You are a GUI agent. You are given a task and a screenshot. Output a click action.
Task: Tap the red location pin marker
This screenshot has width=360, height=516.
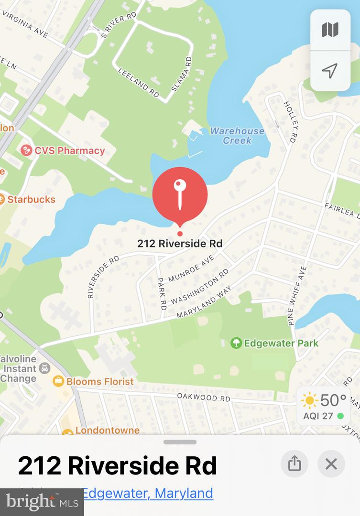[x=180, y=195]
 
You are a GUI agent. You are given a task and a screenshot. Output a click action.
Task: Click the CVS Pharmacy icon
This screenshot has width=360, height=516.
[x=26, y=151]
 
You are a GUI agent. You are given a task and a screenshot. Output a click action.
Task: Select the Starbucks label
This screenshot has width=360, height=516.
[x=31, y=199]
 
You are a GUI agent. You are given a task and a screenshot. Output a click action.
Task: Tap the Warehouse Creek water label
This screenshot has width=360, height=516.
[x=237, y=136]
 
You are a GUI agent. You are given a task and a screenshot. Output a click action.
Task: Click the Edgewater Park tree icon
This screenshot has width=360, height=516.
[x=236, y=343]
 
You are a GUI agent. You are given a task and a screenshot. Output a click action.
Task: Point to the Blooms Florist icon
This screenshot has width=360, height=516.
[x=58, y=381]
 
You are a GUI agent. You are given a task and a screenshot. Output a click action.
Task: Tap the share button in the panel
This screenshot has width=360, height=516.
[x=295, y=463]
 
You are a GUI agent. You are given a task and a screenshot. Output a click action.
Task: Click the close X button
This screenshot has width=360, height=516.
[x=331, y=463]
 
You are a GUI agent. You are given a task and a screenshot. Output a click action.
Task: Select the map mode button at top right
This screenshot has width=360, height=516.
[x=330, y=30]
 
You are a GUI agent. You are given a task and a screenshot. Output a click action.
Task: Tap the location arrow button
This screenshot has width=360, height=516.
[x=330, y=71]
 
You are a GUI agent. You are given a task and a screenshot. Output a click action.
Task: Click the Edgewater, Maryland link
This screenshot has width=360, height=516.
[x=147, y=493]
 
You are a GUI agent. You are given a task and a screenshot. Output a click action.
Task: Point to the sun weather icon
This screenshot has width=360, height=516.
[x=309, y=400]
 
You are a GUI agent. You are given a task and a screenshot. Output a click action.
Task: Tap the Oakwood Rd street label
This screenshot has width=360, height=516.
[x=204, y=397]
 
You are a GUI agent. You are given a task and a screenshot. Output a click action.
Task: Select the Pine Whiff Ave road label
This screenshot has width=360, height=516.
[x=297, y=296]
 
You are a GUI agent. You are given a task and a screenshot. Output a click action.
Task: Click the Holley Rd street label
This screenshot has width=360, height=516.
[x=291, y=122]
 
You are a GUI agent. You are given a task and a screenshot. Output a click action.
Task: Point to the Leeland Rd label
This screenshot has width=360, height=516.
[x=139, y=83]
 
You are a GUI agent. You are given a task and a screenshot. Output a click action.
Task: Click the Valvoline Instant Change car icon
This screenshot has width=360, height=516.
[x=45, y=368]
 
